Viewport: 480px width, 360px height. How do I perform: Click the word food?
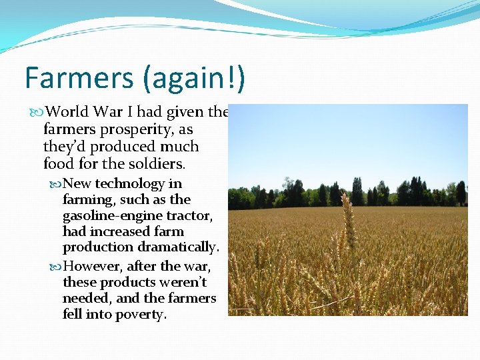click(58, 163)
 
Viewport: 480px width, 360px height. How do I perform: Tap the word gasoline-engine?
click(109, 215)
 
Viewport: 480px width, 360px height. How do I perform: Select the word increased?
click(115, 231)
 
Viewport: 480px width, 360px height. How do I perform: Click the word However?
click(92, 267)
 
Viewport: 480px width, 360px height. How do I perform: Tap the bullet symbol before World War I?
click(37, 113)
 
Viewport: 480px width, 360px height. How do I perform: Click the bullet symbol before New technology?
click(55, 185)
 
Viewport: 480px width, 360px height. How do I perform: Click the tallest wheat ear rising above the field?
click(348, 213)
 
